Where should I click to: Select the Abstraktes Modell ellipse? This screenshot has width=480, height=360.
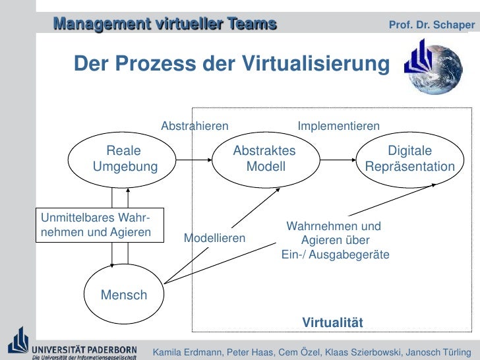tap(265, 159)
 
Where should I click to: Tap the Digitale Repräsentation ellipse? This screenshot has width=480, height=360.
tap(409, 159)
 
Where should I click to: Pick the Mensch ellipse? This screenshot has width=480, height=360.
tap(124, 295)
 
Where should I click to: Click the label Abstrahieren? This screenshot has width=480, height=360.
tap(195, 126)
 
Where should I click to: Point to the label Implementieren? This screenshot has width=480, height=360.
tap(339, 126)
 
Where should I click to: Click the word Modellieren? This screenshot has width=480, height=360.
tap(214, 238)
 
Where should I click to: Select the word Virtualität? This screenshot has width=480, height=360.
tap(333, 322)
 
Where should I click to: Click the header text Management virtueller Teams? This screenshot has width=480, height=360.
tap(165, 24)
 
